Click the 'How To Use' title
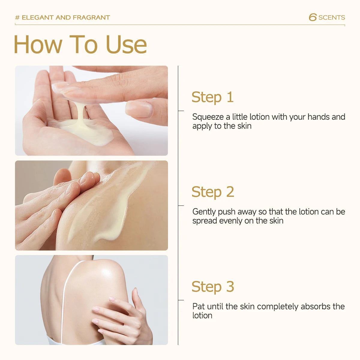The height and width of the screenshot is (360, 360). (80, 44)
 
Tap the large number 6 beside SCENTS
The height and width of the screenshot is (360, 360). (313, 17)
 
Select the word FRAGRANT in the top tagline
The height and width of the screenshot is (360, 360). (91, 18)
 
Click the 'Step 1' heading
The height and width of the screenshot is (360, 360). (213, 97)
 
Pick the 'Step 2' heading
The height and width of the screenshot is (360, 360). (213, 192)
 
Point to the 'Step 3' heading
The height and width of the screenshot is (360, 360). (213, 286)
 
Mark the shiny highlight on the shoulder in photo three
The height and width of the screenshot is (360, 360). (107, 273)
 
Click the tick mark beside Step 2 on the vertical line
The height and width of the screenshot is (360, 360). (181, 206)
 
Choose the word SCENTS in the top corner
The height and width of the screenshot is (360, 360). (331, 18)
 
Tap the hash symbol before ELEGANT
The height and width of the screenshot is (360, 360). (17, 18)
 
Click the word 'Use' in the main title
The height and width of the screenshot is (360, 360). (127, 44)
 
